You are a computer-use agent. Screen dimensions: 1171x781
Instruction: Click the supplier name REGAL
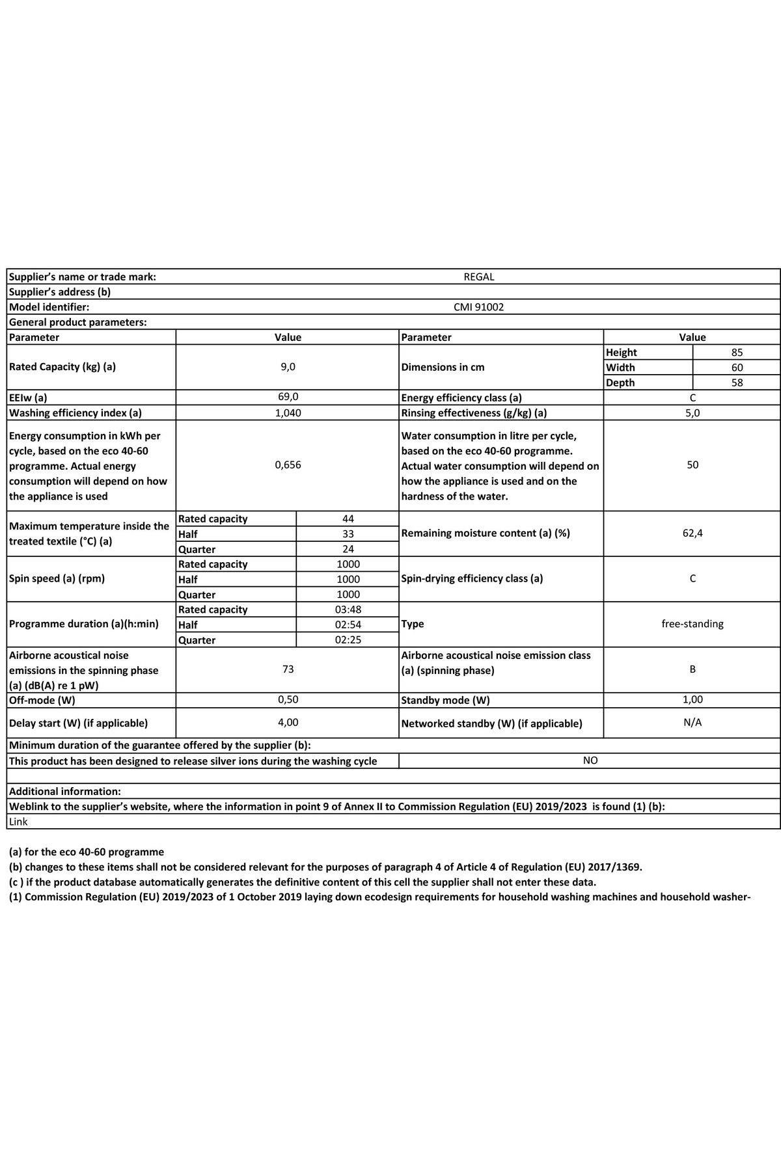pyautogui.click(x=478, y=276)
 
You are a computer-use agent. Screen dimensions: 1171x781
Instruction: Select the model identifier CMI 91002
pyautogui.click(x=478, y=307)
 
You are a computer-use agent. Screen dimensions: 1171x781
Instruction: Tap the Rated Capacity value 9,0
pyautogui.click(x=288, y=367)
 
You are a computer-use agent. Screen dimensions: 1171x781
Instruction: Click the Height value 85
pyautogui.click(x=737, y=353)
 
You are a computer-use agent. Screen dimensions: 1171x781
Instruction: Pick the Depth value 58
pyautogui.click(x=737, y=383)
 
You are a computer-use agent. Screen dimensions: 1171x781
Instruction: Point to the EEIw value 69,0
pyautogui.click(x=288, y=397)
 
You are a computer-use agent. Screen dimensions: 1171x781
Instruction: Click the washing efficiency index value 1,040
pyautogui.click(x=288, y=412)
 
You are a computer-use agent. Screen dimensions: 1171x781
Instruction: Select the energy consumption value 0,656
pyautogui.click(x=288, y=465)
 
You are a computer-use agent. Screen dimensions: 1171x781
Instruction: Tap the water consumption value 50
pyautogui.click(x=692, y=465)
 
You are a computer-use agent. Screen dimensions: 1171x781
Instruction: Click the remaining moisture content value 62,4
pyautogui.click(x=692, y=533)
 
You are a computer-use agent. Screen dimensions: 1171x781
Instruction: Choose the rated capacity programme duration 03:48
pyautogui.click(x=348, y=610)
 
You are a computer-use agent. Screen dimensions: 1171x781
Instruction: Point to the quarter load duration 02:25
pyautogui.click(x=348, y=639)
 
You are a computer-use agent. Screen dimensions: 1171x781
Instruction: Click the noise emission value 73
pyautogui.click(x=288, y=669)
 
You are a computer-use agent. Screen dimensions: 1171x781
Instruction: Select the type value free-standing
pyautogui.click(x=692, y=624)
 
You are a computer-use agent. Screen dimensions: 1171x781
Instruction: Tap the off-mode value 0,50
pyautogui.click(x=288, y=700)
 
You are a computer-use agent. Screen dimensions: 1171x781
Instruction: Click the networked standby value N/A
pyautogui.click(x=692, y=723)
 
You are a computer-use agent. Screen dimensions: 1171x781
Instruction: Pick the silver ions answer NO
pyautogui.click(x=590, y=760)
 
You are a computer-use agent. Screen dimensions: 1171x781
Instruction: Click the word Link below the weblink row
pyautogui.click(x=18, y=822)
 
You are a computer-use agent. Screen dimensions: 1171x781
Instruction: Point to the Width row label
pyautogui.click(x=620, y=368)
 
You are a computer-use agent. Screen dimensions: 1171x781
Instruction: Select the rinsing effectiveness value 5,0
pyautogui.click(x=692, y=412)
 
